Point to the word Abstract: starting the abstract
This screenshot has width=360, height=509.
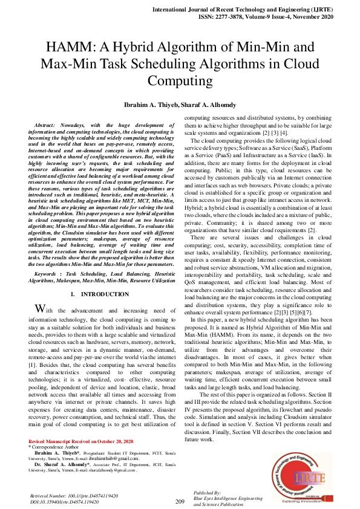coord(50,124)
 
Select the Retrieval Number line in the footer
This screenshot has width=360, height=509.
coord(73,495)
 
